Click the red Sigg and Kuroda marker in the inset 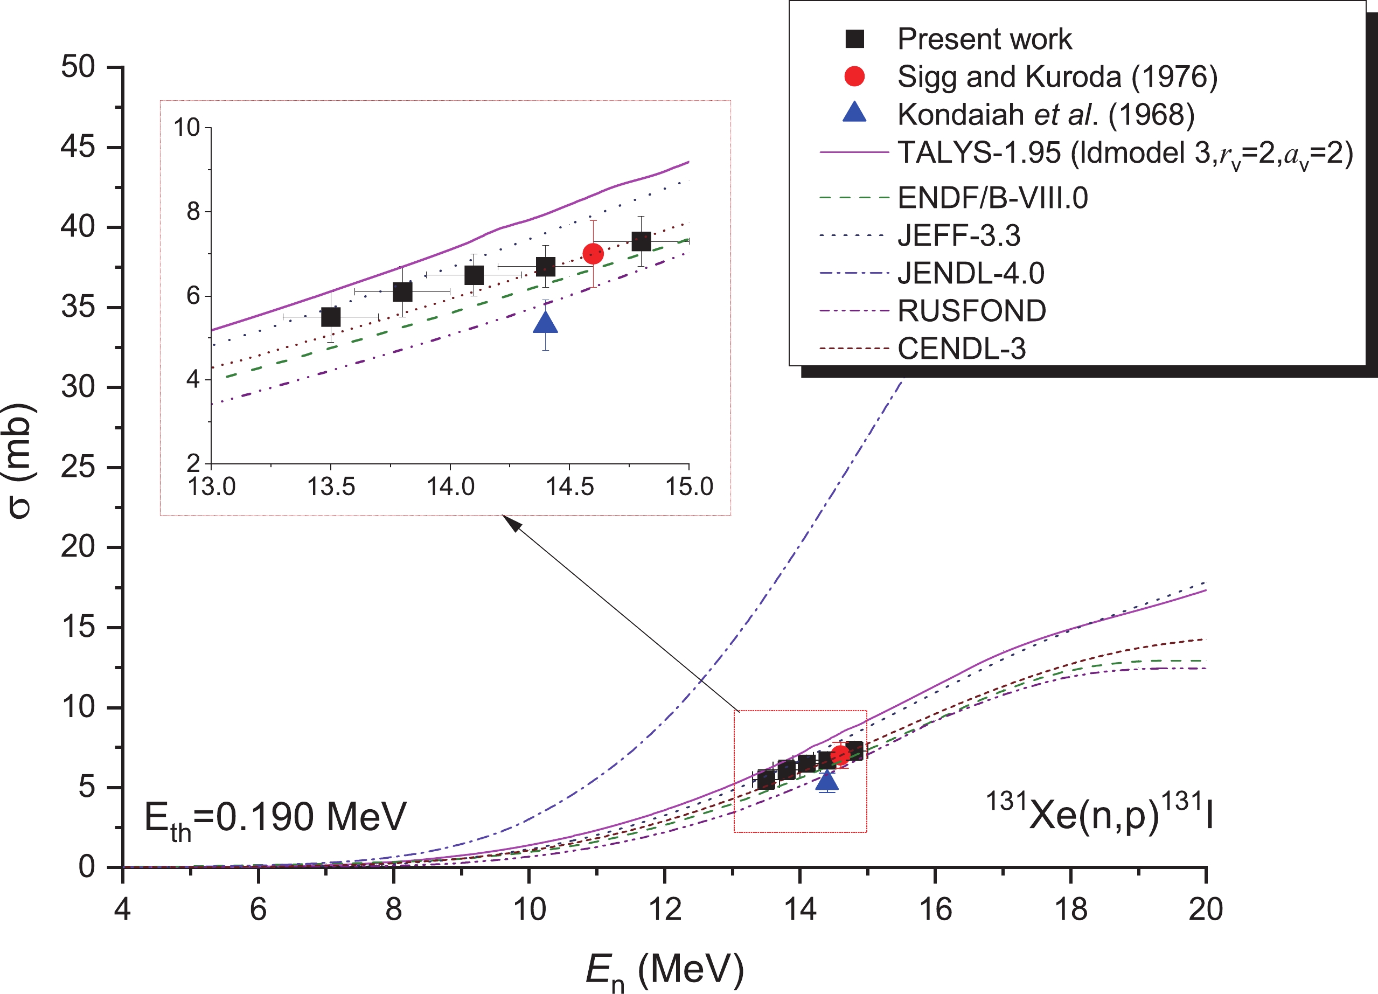point(593,253)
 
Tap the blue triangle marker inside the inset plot point(546,323)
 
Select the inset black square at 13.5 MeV point(331,317)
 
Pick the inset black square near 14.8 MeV point(641,241)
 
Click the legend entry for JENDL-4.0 point(970,273)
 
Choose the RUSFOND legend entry point(971,311)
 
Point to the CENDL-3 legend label point(961,349)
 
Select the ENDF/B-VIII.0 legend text point(992,198)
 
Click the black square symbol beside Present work point(854,39)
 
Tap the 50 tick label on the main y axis point(78,66)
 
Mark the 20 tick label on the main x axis point(1206,909)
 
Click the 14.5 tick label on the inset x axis point(569,486)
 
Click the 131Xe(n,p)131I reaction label point(1099,812)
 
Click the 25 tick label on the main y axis point(78,467)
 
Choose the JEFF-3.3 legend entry point(959,236)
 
